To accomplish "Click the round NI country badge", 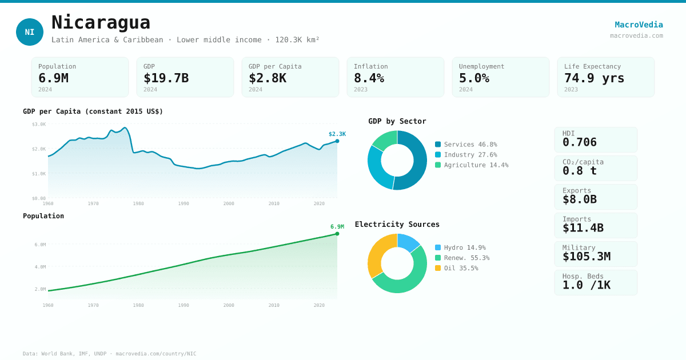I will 30,32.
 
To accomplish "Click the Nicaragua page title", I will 101,23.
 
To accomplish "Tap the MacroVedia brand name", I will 639,25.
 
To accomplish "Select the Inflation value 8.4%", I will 369,78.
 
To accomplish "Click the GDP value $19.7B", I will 166,78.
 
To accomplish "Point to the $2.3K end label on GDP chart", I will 337,134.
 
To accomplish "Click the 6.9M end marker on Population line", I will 337,234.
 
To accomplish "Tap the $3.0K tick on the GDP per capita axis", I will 39,125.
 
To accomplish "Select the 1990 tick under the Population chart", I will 184,305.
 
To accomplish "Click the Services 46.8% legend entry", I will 466,145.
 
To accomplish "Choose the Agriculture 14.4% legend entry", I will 471,165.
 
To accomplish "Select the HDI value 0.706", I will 579,142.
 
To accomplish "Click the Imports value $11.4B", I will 583,228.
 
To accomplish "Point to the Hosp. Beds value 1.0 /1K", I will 586,285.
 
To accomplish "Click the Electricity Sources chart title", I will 397,225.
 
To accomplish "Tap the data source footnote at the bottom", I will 109,354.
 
